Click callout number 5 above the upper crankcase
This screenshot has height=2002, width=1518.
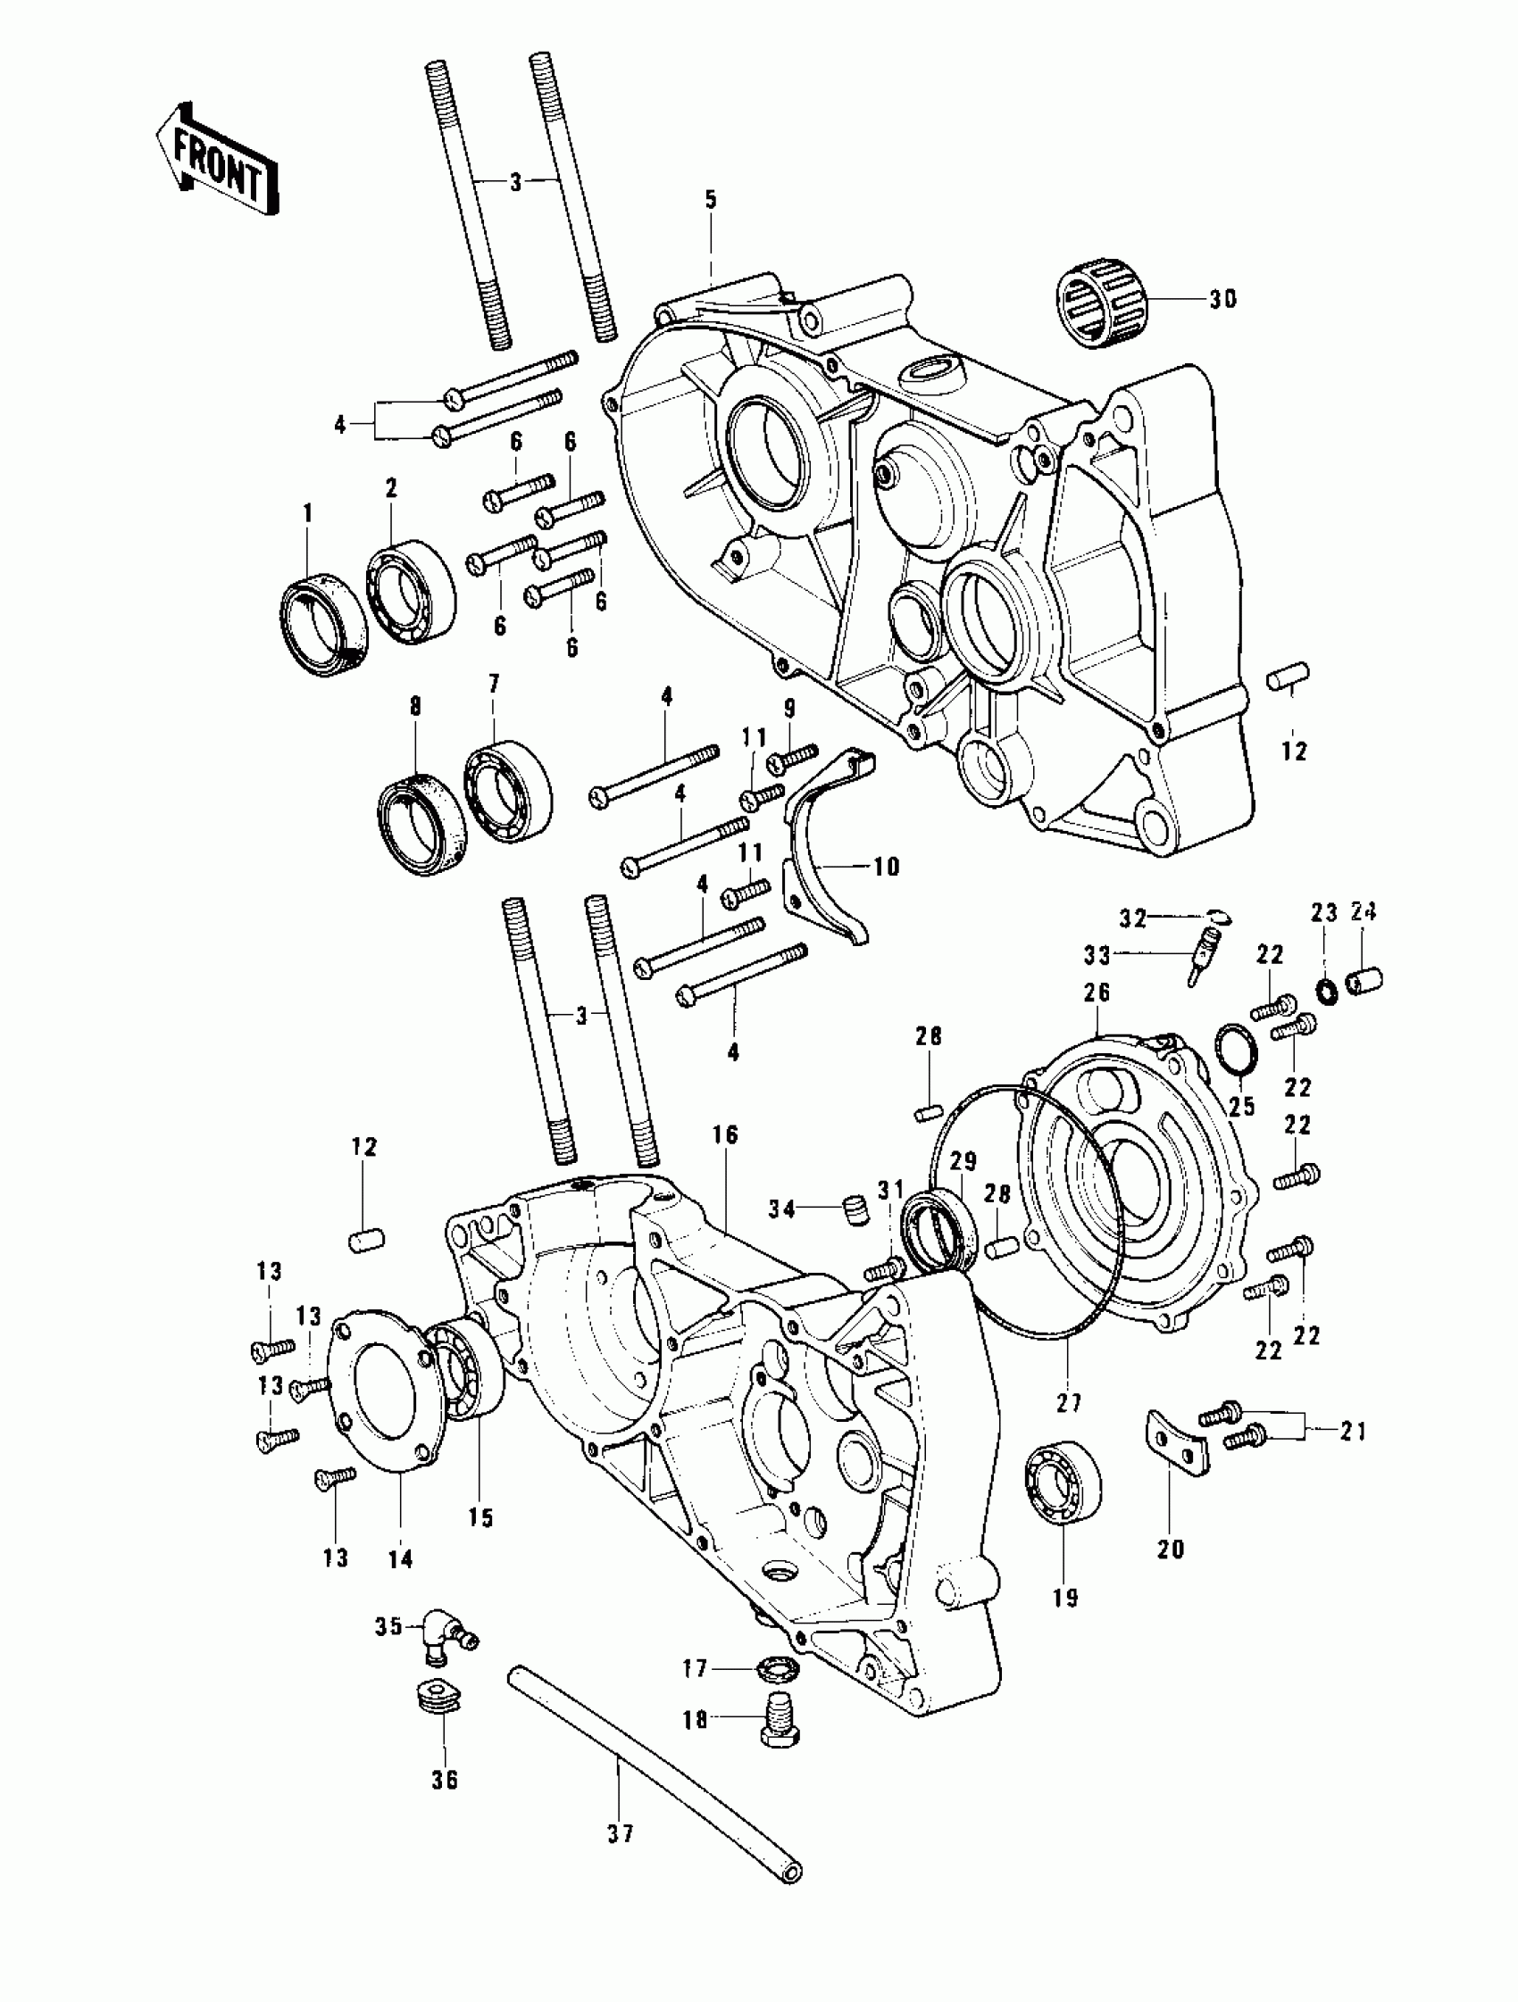tap(711, 200)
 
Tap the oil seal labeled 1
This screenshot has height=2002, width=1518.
tap(322, 625)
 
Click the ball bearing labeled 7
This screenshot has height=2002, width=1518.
tap(509, 791)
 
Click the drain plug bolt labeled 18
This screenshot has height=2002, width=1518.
tap(780, 1727)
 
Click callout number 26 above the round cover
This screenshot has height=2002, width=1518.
tap(1097, 992)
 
